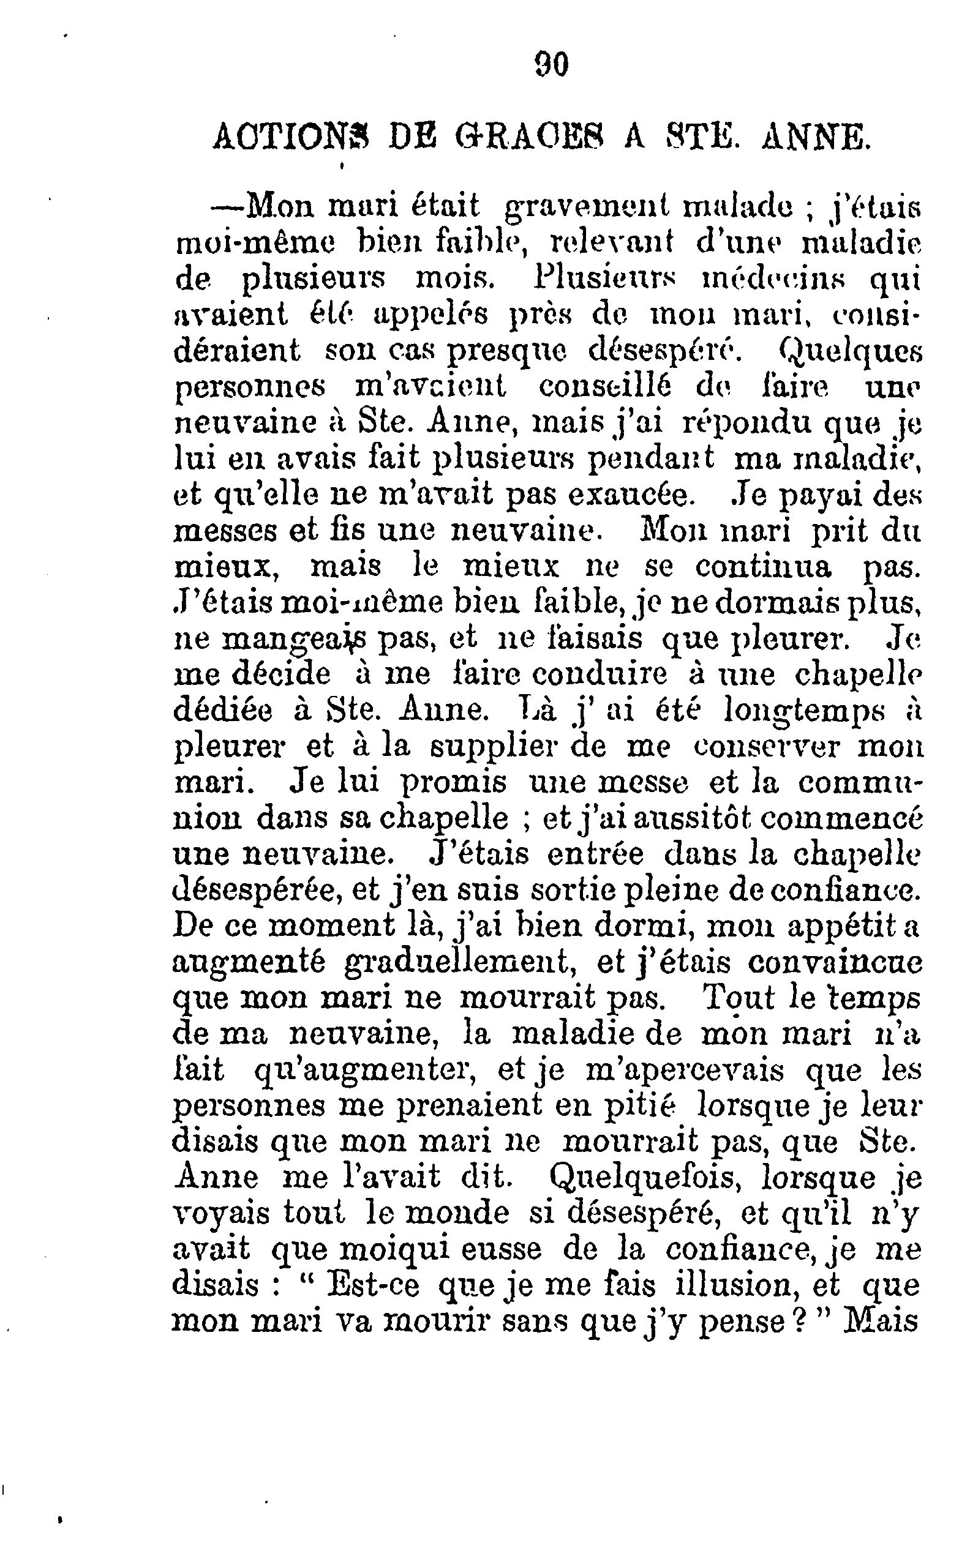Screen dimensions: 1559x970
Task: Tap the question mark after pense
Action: coord(798,1321)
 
